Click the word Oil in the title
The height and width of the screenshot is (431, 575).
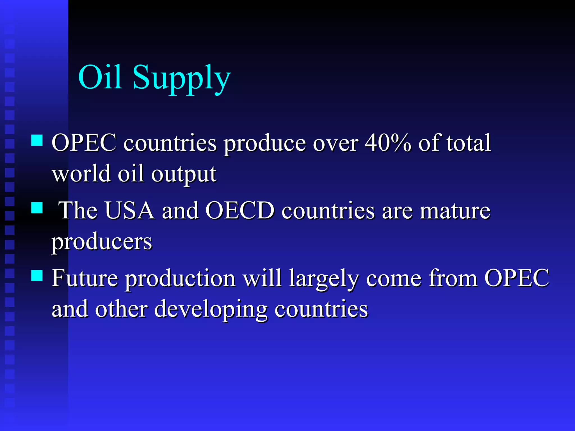(100, 77)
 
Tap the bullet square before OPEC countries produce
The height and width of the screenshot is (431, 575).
(37, 140)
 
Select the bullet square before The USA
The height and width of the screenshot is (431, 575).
(37, 208)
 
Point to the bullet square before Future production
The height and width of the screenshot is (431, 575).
(37, 275)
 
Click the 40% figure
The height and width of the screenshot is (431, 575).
(388, 143)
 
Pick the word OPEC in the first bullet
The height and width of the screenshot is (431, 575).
(84, 143)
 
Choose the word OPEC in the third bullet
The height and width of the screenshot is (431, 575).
(517, 278)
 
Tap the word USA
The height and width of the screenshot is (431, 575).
(130, 210)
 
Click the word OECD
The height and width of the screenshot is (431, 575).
(240, 210)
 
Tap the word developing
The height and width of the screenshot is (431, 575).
(211, 310)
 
